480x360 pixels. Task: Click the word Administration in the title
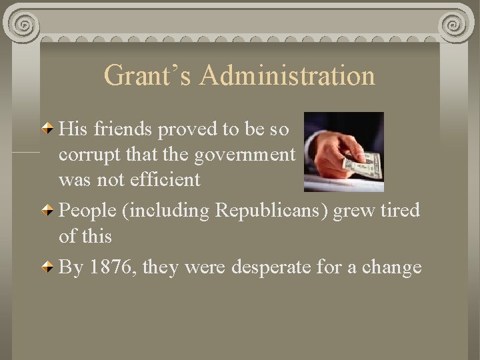[x=286, y=76]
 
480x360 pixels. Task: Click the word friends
[x=121, y=127]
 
